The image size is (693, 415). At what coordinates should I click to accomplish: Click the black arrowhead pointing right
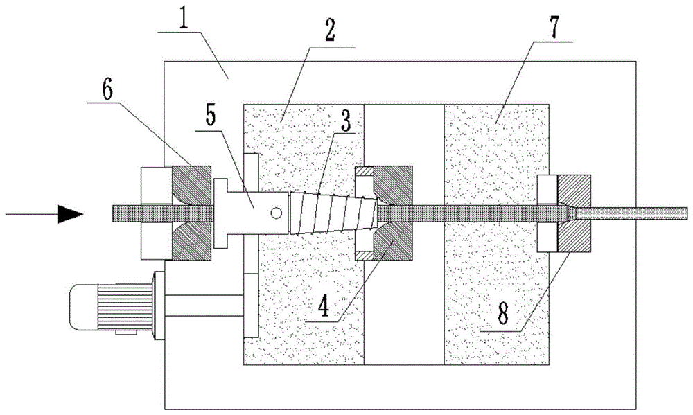pos(70,214)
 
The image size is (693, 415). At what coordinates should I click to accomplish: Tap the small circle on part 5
pos(277,211)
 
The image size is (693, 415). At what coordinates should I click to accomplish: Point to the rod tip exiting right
pos(683,213)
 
